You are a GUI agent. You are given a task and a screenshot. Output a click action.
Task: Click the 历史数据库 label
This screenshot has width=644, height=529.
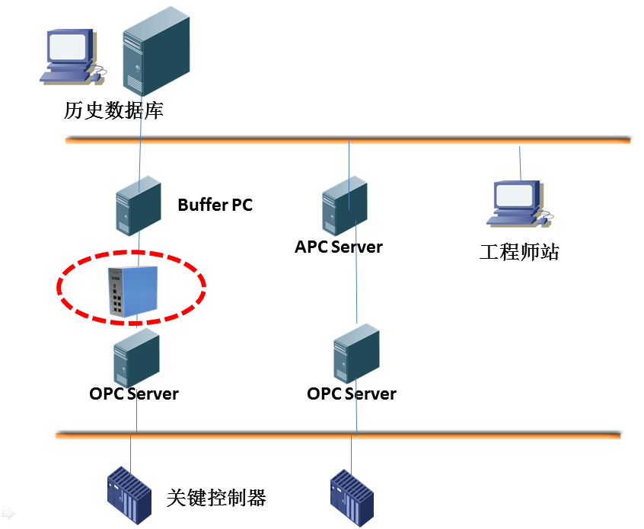(114, 111)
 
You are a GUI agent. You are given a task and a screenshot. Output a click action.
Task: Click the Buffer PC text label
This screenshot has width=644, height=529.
(215, 205)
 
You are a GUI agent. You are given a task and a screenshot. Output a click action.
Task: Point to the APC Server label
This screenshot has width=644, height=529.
(339, 247)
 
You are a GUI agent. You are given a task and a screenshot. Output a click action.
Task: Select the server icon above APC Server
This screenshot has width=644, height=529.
(344, 206)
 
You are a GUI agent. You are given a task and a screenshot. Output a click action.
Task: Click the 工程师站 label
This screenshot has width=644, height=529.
(519, 252)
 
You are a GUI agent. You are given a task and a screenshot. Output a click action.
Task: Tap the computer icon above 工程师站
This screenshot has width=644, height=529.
(517, 202)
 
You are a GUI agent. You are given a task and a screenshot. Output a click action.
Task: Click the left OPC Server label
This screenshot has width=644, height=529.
(134, 394)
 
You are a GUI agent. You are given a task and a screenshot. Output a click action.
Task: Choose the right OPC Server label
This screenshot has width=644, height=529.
(352, 394)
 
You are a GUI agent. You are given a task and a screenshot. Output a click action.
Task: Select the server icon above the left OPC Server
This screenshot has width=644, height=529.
(136, 357)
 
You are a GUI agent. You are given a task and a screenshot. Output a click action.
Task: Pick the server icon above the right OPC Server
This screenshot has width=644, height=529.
(356, 355)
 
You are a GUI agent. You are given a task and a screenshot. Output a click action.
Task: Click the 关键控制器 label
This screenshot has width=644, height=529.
(216, 499)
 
